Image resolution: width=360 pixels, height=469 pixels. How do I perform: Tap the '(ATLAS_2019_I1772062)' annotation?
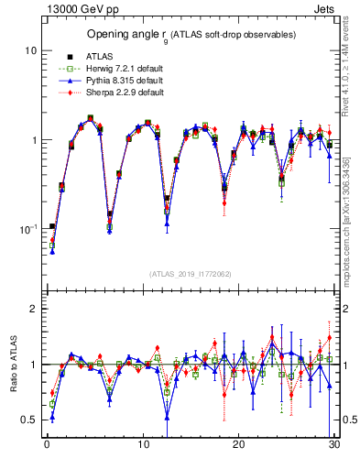[190, 273]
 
